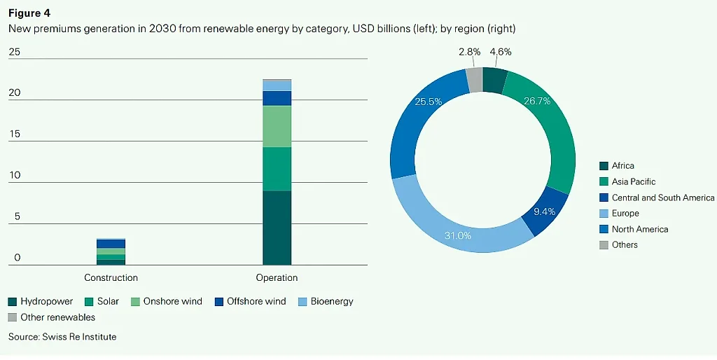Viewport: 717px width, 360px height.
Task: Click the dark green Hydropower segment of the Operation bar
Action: coord(277,228)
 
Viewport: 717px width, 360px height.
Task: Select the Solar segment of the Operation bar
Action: coord(277,169)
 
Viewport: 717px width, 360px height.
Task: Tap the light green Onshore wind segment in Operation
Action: coord(277,126)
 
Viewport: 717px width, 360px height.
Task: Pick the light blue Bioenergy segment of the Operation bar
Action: coord(277,85)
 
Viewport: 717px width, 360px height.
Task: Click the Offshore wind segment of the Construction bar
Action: coord(111,244)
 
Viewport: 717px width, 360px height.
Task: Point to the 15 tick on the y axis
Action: coord(15,134)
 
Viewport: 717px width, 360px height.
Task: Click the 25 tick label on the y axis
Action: coord(15,52)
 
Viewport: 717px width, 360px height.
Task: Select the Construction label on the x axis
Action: coord(111,277)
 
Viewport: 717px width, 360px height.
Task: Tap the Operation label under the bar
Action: coord(277,277)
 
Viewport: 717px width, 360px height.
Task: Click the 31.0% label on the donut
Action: coord(458,235)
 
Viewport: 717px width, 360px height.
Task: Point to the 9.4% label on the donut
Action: coord(545,212)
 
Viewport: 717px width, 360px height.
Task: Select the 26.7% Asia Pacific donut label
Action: coord(537,101)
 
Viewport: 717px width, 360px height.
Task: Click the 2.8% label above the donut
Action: coord(470,52)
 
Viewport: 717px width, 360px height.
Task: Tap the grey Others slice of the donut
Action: coord(474,80)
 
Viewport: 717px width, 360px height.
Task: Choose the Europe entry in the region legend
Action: coord(619,213)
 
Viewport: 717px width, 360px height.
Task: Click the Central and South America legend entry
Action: coord(657,198)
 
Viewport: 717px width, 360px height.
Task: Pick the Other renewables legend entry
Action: coord(52,317)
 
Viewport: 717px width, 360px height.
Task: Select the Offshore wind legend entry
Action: coord(250,301)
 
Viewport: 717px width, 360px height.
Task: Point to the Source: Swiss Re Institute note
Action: coord(62,337)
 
